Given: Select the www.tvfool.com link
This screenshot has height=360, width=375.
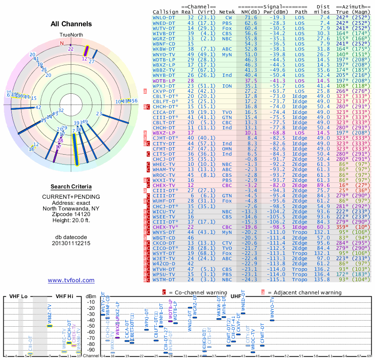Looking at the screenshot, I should tap(71, 280).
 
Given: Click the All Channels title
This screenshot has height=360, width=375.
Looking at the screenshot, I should tap(71, 24).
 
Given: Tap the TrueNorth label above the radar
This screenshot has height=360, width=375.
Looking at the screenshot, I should tap(70, 35).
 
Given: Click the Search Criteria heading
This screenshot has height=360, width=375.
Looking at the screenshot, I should tap(71, 187).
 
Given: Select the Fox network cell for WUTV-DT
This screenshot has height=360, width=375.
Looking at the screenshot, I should tap(226, 28).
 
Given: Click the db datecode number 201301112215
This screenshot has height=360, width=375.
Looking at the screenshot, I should tap(71, 244).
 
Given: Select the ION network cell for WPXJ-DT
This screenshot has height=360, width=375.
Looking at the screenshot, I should tap(226, 86).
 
